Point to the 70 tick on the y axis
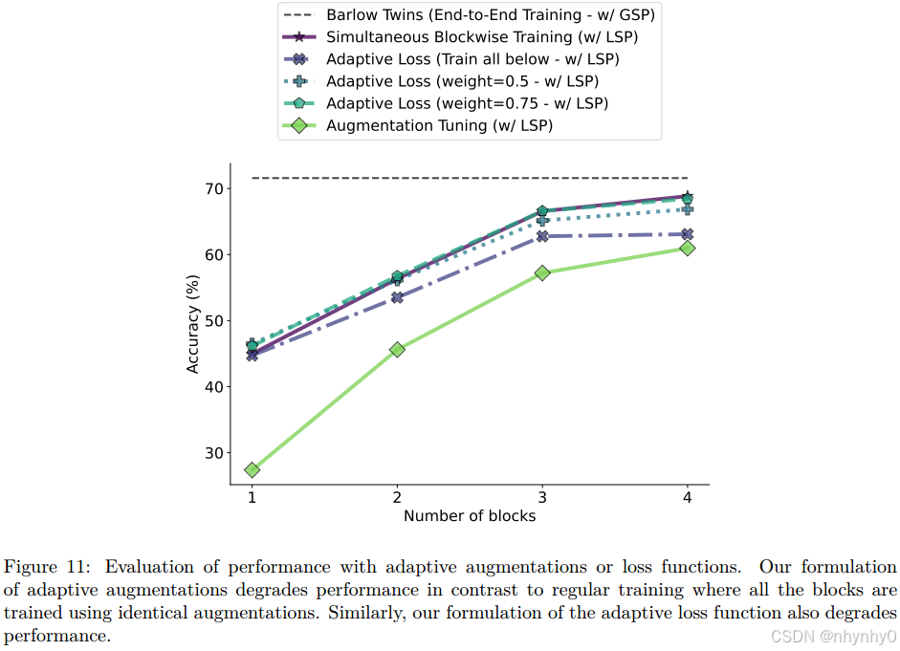tap(213, 188)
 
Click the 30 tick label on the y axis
tap(213, 453)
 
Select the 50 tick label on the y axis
tap(213, 321)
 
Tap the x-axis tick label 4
tap(687, 497)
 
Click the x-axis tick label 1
tap(252, 497)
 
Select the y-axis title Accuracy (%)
tap(193, 324)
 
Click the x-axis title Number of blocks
tap(469, 516)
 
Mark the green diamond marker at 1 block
tap(252, 469)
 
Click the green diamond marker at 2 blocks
tap(397, 349)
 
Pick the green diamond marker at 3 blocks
tap(542, 272)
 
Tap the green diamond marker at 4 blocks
tap(687, 248)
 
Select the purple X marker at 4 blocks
tap(687, 234)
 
